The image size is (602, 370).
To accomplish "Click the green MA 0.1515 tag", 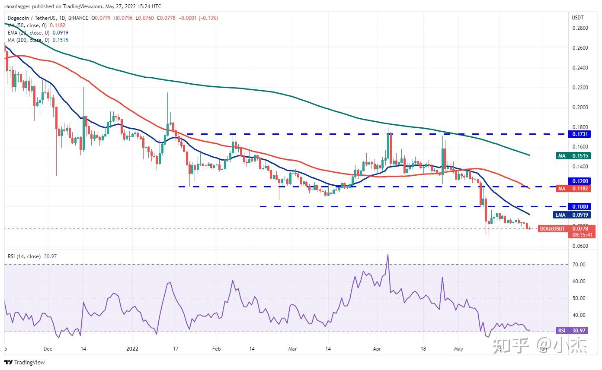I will (575, 156).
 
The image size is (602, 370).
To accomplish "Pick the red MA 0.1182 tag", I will (575, 189).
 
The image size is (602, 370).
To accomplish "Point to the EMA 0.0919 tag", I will (575, 215).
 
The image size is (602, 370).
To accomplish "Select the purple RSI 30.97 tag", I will (572, 331).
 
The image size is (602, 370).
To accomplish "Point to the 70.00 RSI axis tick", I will (579, 264).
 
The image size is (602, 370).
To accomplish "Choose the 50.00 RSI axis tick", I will (579, 298).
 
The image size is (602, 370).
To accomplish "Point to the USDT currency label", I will (577, 18).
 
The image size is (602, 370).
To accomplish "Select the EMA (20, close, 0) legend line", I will (38, 33).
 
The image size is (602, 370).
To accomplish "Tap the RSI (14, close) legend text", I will (30, 256).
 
